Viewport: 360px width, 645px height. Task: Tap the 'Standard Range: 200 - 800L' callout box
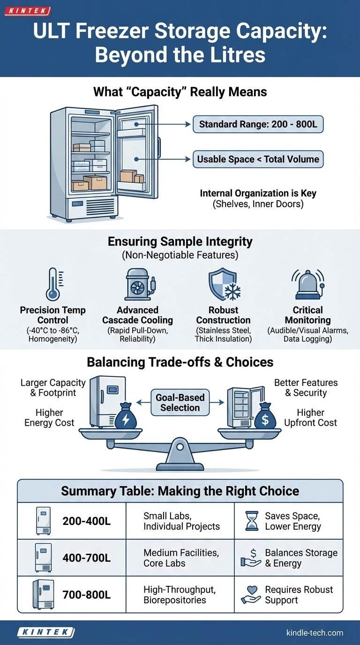click(x=258, y=124)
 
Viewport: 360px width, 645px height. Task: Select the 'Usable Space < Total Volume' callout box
click(x=258, y=159)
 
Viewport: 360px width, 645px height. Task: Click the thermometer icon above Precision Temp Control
click(x=52, y=284)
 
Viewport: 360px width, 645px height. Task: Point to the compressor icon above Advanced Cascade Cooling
click(x=137, y=284)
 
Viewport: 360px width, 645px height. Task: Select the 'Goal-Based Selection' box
click(x=180, y=402)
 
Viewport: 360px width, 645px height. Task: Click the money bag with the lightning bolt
click(x=126, y=416)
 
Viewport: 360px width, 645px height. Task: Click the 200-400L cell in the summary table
click(x=86, y=520)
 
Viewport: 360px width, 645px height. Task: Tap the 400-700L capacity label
click(x=86, y=557)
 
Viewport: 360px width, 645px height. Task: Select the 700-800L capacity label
click(x=86, y=595)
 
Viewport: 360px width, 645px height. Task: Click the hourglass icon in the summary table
click(x=252, y=520)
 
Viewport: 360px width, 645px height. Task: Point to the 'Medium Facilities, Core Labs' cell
click(x=181, y=558)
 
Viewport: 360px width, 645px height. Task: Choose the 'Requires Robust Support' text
click(x=299, y=595)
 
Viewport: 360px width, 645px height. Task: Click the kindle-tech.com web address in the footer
click(x=315, y=633)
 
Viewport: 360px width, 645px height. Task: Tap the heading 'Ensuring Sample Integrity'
click(x=180, y=241)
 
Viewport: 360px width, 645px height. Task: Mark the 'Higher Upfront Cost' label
click(x=310, y=418)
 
